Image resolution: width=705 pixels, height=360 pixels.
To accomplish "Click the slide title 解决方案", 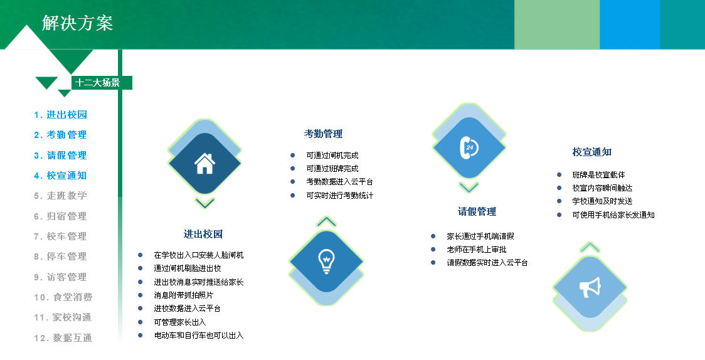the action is tap(77, 23).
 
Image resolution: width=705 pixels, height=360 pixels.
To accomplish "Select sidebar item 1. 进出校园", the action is tap(60, 115).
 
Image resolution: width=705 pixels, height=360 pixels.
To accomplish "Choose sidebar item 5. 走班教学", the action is tap(60, 196).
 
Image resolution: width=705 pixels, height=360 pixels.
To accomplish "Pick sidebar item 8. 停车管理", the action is tap(60, 256).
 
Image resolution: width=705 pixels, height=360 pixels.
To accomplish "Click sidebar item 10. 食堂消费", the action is tap(63, 297).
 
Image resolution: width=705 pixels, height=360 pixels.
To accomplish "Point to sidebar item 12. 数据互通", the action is tap(63, 337).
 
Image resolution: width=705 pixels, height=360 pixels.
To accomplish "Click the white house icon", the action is tap(204, 164).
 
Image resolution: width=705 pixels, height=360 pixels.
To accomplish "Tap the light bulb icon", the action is tap(326, 261).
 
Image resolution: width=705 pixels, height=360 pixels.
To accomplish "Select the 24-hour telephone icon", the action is tap(469, 147).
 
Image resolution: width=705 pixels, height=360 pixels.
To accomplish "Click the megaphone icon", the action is tap(590, 287).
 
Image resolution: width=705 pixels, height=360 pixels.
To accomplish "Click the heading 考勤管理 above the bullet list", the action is tap(323, 134).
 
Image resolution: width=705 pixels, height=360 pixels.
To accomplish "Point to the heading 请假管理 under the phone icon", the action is tap(477, 211).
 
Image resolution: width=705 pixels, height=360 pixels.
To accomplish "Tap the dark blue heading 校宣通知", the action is tap(591, 152).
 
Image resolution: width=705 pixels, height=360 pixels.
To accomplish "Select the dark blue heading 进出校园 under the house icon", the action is tap(203, 234).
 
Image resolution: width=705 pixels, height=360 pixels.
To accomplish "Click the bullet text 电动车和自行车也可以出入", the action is tap(199, 336).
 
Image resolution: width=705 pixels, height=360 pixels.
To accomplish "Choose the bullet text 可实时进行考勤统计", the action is tap(340, 195).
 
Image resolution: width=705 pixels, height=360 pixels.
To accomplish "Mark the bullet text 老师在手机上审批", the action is tap(477, 249).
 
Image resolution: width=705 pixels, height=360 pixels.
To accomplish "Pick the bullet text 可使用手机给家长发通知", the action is tap(613, 215).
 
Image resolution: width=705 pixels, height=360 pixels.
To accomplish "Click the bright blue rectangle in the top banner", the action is tap(630, 24).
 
